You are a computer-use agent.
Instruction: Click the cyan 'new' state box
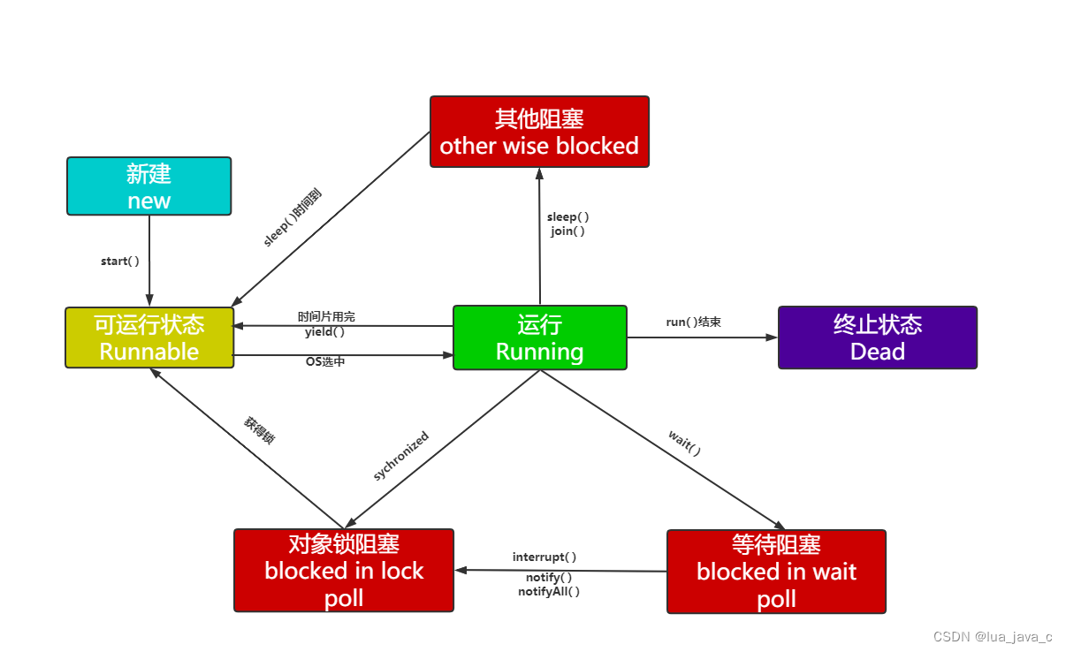point(148,186)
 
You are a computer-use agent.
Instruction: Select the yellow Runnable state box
point(148,337)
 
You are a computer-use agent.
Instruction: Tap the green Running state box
point(539,337)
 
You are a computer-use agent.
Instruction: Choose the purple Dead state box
point(877,337)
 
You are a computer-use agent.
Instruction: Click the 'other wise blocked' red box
point(539,132)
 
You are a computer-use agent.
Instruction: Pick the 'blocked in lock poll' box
point(343,570)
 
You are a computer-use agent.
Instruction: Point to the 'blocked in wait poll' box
point(776,571)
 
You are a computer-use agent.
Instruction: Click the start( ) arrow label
point(120,262)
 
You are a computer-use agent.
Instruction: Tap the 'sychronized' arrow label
point(401,456)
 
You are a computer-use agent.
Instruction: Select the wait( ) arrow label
point(685,442)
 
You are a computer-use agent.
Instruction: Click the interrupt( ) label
point(544,557)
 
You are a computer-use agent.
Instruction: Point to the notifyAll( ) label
point(549,592)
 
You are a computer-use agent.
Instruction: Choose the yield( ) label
point(324,332)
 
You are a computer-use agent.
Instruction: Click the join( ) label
point(567,231)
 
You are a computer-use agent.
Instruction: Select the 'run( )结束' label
point(693,322)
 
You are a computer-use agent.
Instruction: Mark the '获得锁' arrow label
point(259,429)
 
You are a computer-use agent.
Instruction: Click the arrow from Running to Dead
point(702,337)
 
